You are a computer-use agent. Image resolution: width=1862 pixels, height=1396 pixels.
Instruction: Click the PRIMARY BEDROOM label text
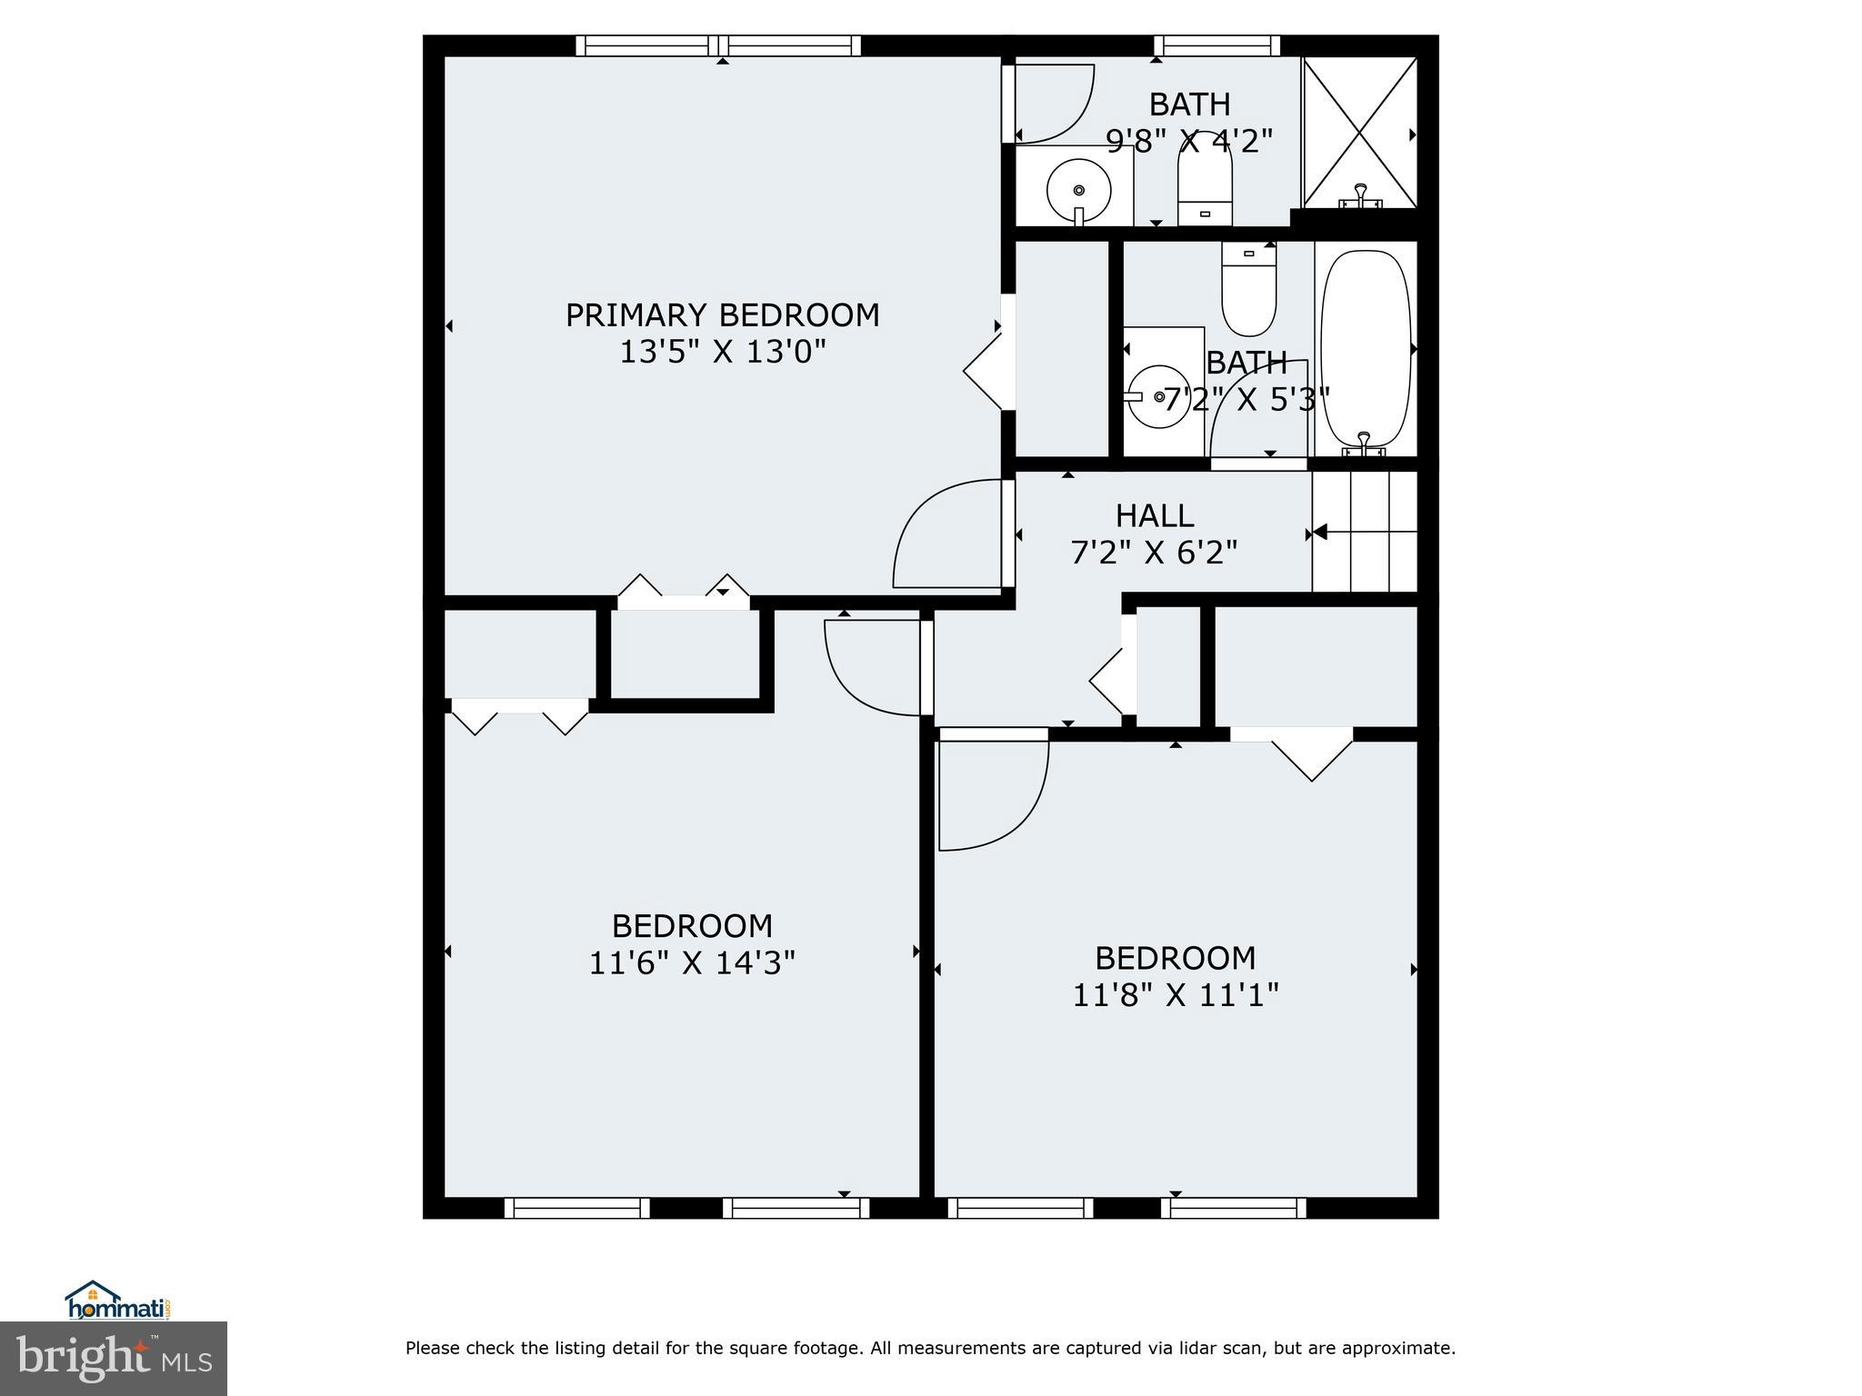(722, 315)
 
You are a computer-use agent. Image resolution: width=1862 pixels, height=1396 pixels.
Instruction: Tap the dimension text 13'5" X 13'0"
(722, 352)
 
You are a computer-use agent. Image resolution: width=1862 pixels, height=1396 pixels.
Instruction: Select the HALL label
(1154, 516)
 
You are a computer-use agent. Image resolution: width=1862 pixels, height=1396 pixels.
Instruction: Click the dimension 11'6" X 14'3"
(692, 962)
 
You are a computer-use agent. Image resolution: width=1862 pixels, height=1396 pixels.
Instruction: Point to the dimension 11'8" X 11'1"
(1175, 995)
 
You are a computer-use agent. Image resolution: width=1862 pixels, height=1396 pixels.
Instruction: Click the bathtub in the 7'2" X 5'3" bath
(1365, 350)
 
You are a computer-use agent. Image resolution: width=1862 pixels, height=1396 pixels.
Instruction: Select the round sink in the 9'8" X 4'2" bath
(1078, 190)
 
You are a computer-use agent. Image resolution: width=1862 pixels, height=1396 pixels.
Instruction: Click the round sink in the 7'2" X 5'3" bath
(1158, 397)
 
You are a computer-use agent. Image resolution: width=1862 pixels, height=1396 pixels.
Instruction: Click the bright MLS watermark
(113, 1358)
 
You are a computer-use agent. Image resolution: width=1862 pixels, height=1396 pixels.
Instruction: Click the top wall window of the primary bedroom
(718, 45)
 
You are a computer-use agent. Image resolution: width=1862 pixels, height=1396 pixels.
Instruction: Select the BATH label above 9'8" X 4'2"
(1189, 105)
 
